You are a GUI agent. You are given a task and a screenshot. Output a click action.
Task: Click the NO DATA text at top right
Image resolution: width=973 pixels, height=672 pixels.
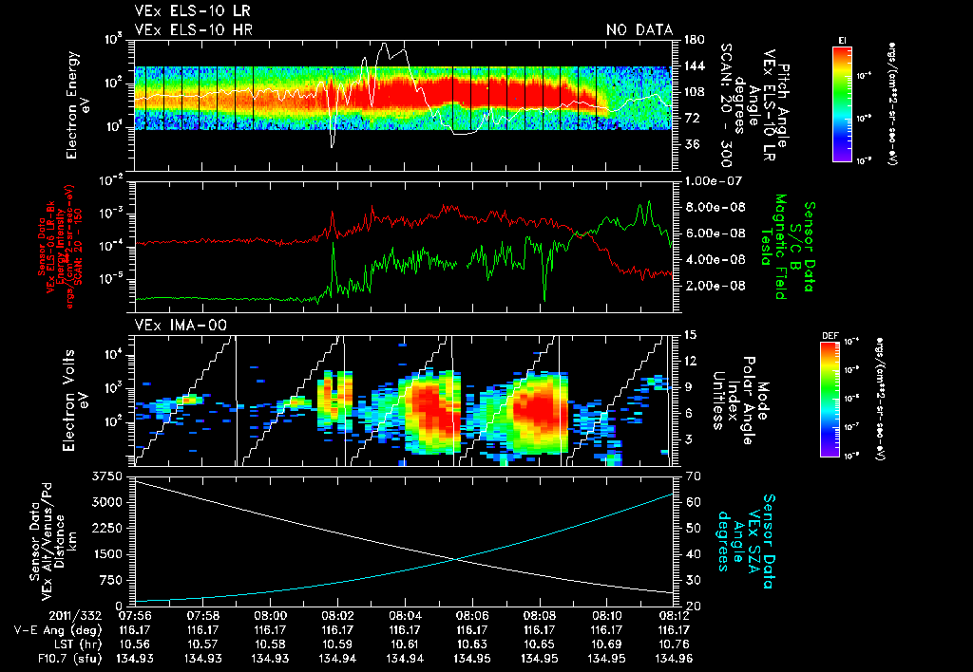pyautogui.click(x=639, y=29)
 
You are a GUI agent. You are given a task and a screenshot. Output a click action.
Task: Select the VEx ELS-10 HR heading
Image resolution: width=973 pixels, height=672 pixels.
pyautogui.click(x=193, y=29)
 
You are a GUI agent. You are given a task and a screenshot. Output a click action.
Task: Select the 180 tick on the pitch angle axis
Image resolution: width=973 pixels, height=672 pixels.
pyautogui.click(x=692, y=40)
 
